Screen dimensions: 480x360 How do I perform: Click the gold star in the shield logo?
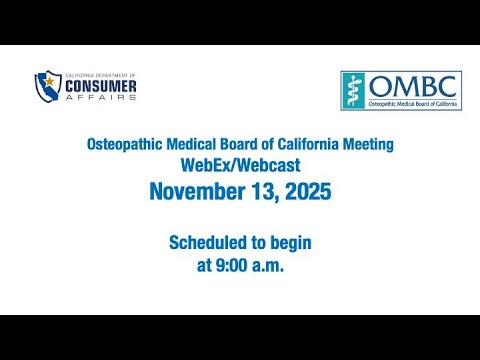click(49, 81)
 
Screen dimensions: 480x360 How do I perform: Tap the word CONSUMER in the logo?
click(101, 87)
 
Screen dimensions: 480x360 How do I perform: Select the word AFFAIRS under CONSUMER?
click(101, 97)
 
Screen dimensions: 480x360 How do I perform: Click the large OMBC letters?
click(413, 86)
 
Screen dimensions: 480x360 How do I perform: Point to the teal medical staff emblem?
click(353, 90)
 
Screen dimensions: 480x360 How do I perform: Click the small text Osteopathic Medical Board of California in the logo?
click(413, 104)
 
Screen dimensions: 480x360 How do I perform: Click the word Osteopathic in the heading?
click(125, 145)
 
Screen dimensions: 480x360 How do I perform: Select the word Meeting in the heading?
click(368, 145)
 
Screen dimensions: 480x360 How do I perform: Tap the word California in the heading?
click(308, 144)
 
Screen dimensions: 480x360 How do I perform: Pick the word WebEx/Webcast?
click(240, 165)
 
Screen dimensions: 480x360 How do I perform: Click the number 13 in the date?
click(264, 192)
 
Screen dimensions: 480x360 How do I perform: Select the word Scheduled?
click(208, 242)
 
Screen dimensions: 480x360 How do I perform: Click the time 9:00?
click(232, 265)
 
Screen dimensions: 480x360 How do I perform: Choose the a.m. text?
click(268, 266)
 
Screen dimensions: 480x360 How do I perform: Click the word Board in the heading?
click(238, 144)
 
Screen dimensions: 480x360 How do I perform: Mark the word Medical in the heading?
click(191, 144)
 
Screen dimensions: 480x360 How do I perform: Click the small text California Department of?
click(101, 76)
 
